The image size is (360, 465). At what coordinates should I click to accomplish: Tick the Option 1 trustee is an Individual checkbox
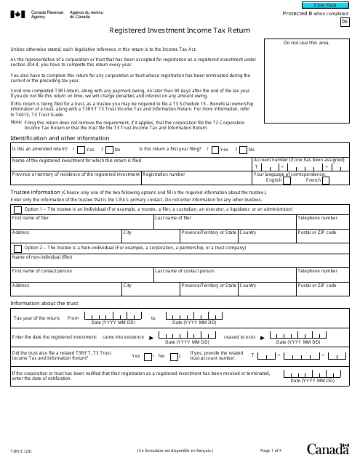tap(17, 209)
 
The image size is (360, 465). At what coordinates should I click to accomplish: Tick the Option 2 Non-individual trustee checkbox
tap(17, 247)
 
